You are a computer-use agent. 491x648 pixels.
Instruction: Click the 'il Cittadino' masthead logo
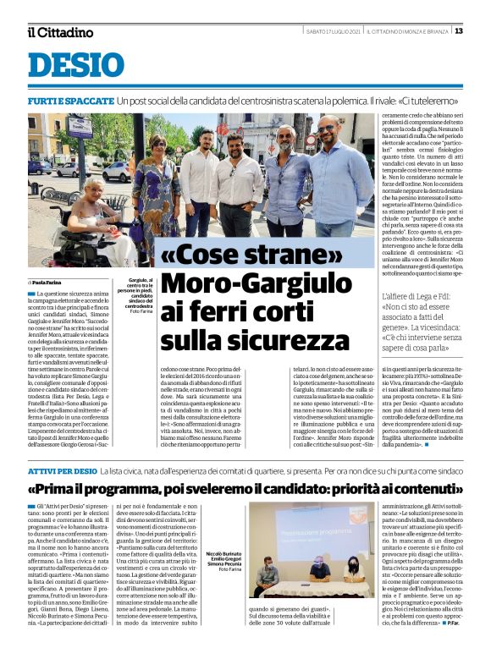[x=60, y=32]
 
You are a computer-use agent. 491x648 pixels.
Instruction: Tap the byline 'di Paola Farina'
[x=47, y=282]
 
